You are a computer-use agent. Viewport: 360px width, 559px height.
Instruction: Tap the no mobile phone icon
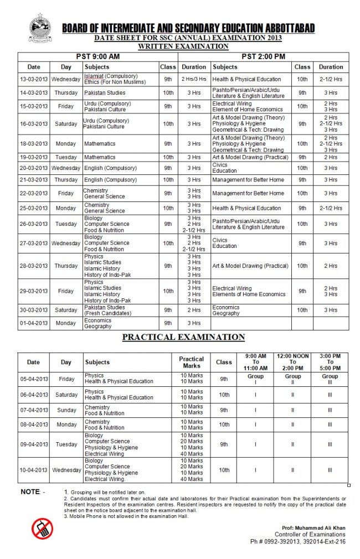coord(42,529)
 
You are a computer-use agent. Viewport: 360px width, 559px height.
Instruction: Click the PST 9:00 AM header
coord(99,57)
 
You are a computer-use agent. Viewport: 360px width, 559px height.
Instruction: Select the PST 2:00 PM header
coord(263,57)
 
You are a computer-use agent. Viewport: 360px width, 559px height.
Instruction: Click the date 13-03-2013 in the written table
coord(34,79)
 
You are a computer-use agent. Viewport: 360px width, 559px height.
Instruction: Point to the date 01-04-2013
coord(34,323)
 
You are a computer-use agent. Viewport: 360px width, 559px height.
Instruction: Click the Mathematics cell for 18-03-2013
coord(100,144)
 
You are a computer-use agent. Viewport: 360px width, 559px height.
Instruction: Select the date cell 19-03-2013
coord(34,158)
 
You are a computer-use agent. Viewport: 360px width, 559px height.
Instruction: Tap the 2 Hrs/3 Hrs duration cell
coord(194,79)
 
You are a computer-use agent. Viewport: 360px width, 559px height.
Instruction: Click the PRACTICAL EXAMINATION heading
coord(183,337)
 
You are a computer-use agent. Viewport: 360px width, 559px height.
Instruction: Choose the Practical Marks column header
coord(191,363)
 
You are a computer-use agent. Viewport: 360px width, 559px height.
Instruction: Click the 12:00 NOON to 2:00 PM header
coord(293,362)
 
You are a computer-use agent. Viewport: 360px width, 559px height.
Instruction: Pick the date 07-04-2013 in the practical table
coord(34,411)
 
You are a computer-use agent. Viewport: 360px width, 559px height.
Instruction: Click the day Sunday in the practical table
coord(66,411)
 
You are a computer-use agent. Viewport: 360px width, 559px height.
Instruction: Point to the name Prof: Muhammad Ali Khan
coord(313,528)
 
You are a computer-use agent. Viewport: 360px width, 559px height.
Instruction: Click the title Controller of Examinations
coord(310,535)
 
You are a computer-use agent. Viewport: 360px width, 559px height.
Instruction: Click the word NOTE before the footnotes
coord(32,492)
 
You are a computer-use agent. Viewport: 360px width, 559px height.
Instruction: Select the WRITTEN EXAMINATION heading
coord(183,46)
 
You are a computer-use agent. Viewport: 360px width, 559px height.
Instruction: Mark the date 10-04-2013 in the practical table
coord(34,470)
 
